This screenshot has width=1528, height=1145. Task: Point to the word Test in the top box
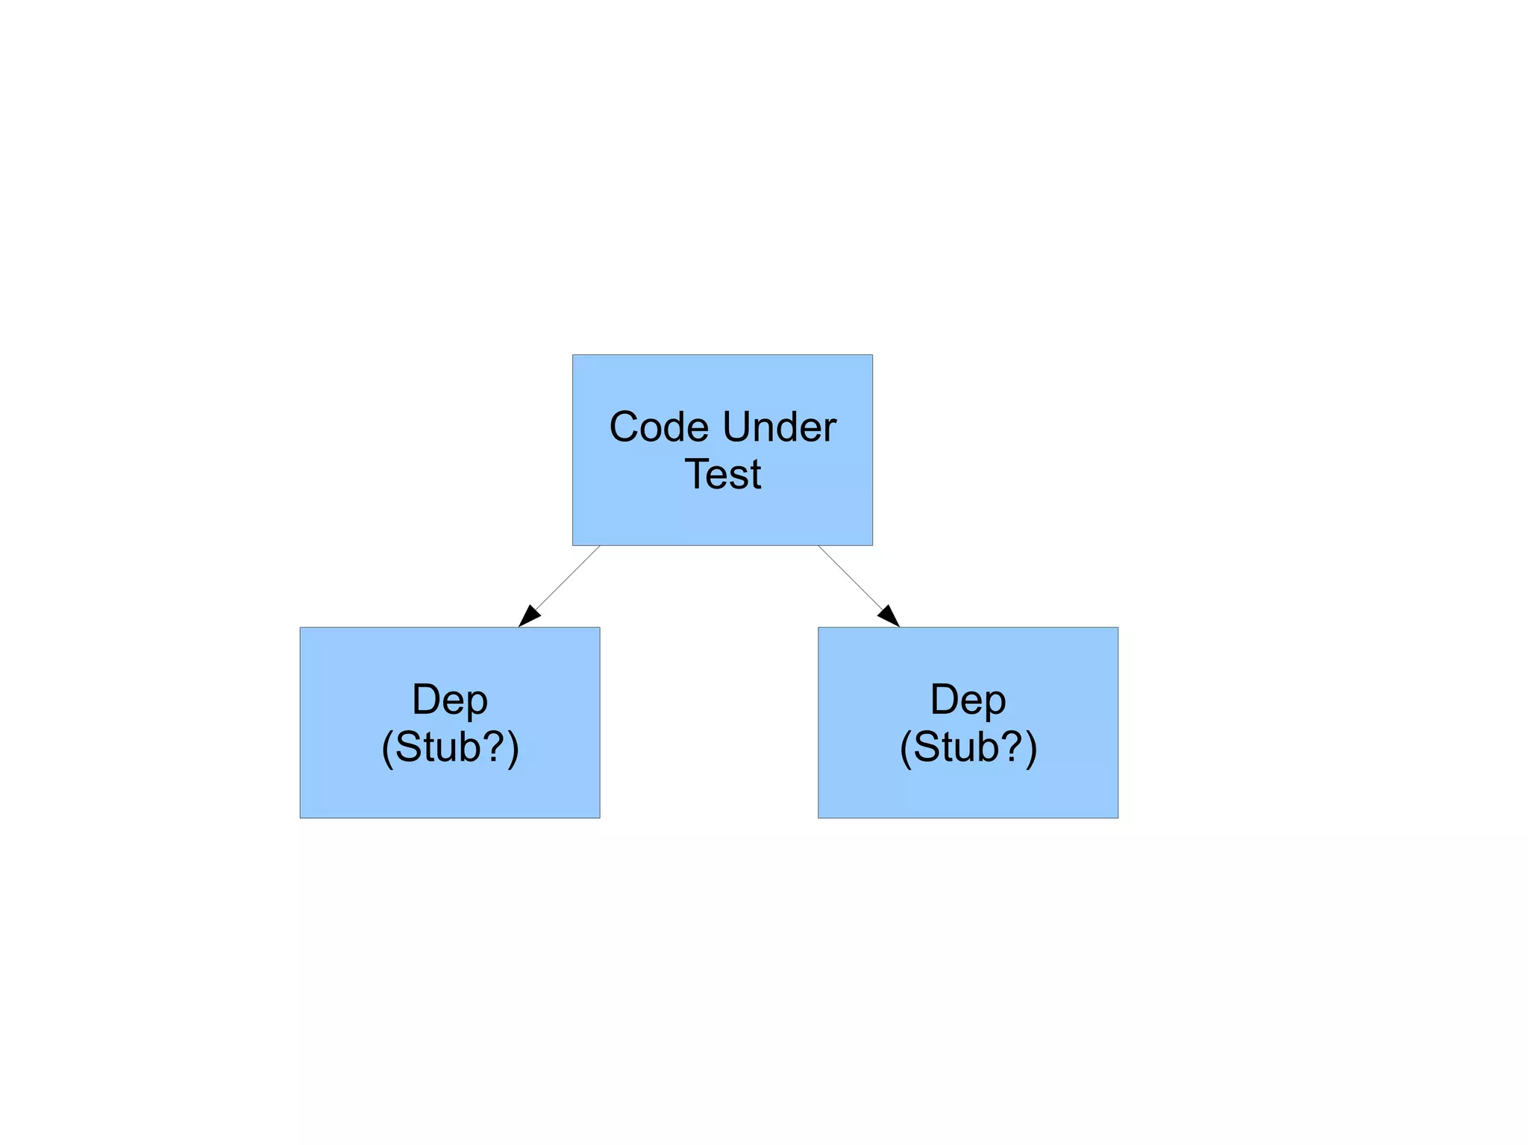click(723, 474)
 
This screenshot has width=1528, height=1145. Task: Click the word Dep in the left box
click(450, 700)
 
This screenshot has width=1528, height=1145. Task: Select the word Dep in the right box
click(968, 700)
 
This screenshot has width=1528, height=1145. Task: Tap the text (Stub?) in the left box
click(450, 747)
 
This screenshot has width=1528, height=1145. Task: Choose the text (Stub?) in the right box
click(968, 747)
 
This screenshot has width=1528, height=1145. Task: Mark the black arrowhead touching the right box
click(889, 617)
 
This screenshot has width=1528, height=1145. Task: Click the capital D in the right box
click(945, 700)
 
